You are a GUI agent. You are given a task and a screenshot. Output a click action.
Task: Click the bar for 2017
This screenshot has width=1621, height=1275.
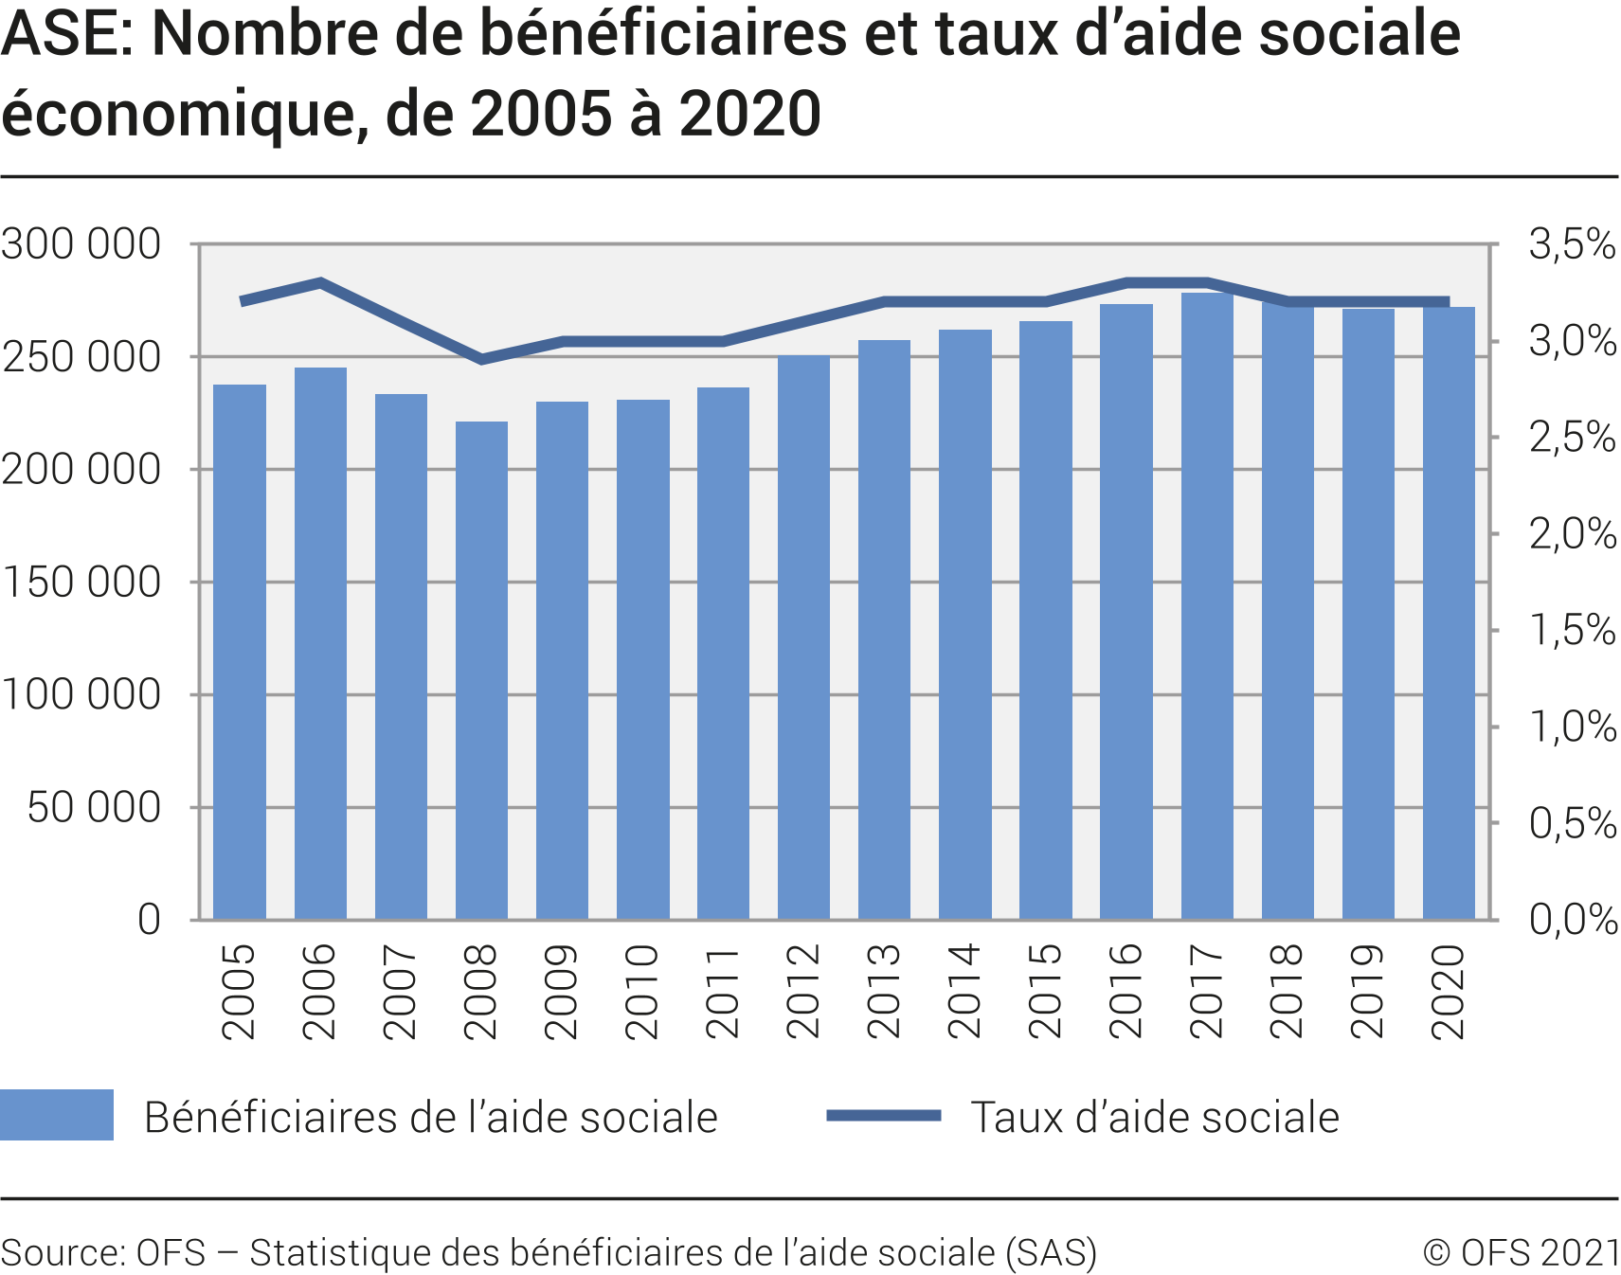coord(1207,606)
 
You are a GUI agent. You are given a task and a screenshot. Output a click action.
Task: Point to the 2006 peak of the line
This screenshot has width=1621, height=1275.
coord(321,281)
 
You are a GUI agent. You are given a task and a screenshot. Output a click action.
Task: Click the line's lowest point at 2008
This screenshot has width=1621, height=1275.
coord(481,359)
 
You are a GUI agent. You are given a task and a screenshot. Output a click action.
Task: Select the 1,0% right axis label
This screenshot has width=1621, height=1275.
coord(1572,727)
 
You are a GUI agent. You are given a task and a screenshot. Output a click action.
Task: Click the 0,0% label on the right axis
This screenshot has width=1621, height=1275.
coord(1572,919)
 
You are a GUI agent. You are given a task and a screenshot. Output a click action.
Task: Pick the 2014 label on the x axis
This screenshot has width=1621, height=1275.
coord(964,991)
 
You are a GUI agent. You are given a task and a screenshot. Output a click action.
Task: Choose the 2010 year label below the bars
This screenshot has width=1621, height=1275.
coord(642,991)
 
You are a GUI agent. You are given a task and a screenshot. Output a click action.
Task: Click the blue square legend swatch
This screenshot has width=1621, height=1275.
coord(57,1115)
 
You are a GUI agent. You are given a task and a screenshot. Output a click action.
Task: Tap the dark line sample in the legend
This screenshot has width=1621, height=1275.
coord(883,1116)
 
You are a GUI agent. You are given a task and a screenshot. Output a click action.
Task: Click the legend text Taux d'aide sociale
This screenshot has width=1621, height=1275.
coord(1155,1118)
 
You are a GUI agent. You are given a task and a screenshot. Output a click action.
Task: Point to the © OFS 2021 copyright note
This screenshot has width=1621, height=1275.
coord(1521,1252)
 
